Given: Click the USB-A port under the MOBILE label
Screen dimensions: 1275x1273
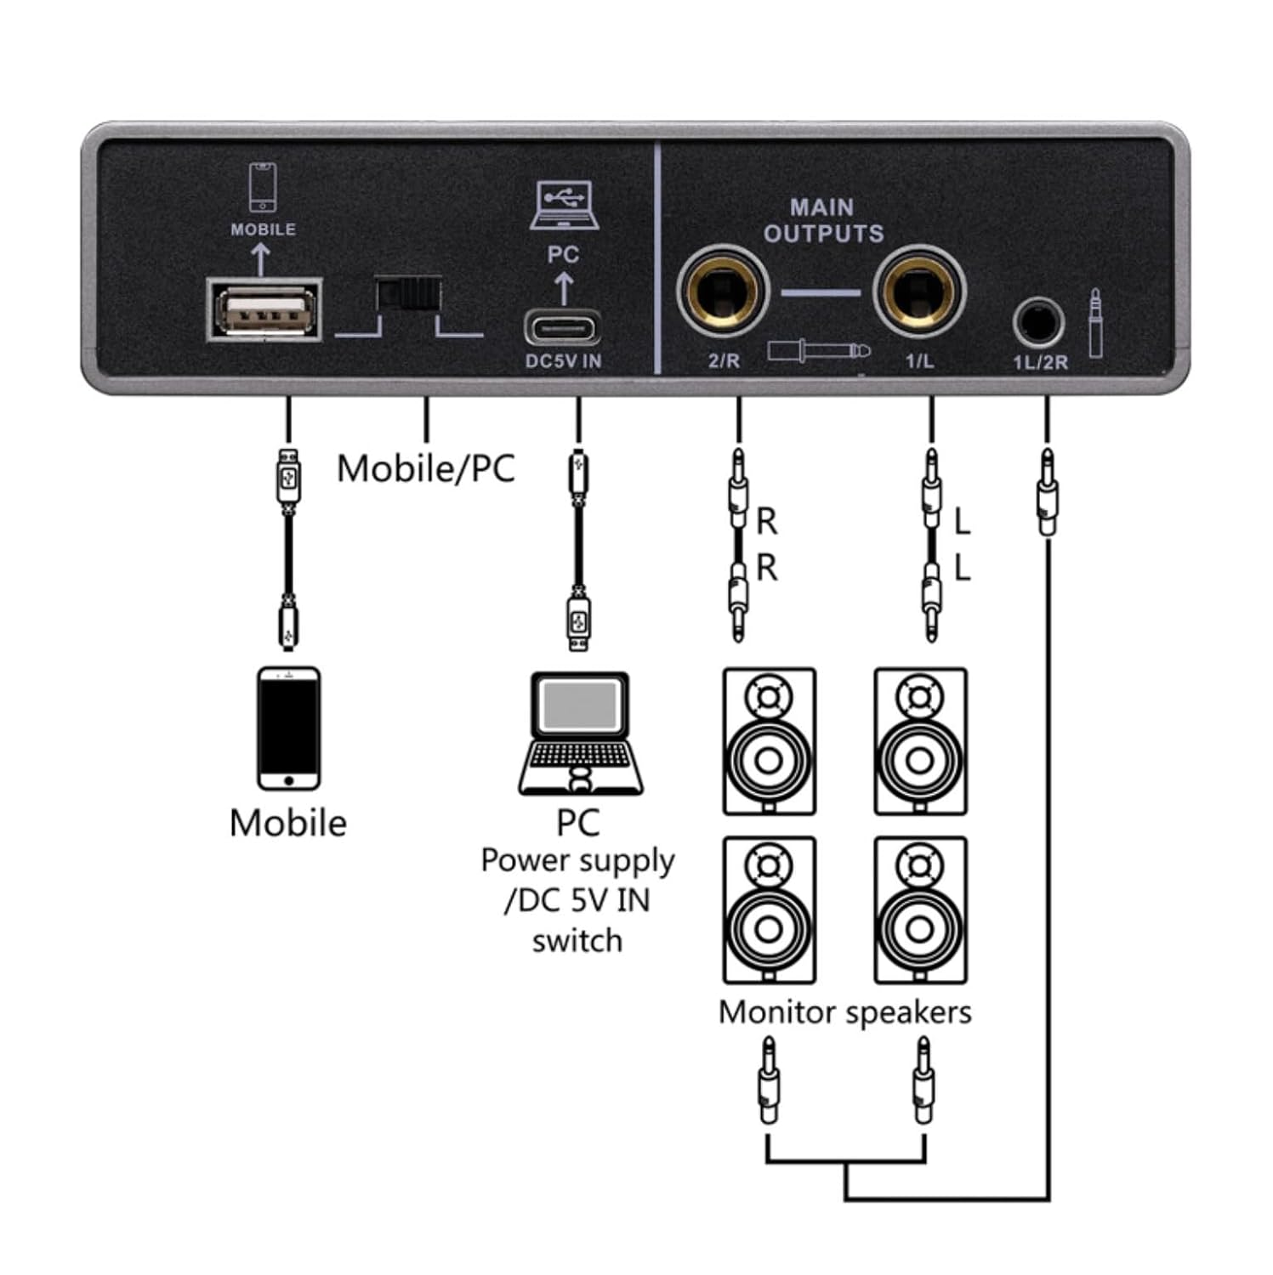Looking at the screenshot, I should (264, 310).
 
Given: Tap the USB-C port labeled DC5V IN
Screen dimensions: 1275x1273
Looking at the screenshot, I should (562, 327).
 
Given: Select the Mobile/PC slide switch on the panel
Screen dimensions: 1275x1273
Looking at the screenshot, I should (408, 294).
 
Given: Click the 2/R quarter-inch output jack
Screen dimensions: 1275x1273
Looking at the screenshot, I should (722, 291).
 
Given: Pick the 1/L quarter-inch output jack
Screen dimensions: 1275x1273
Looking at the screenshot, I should (919, 291).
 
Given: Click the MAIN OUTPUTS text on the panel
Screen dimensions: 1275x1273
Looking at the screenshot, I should (822, 220).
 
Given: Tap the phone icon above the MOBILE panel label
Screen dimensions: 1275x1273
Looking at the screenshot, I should (262, 187).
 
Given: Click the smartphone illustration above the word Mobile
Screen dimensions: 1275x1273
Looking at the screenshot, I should (288, 728).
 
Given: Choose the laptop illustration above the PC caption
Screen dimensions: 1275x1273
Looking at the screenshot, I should (580, 733).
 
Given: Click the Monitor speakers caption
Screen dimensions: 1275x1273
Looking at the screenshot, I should (844, 1012).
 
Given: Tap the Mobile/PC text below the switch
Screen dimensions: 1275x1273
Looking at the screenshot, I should (425, 468).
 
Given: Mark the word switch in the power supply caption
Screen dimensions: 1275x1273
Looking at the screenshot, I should (577, 941).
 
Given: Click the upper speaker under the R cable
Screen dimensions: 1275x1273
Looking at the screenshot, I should (769, 741).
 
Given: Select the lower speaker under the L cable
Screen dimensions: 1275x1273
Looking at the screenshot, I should (920, 909).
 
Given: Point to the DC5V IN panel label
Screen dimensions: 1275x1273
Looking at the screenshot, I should (562, 361).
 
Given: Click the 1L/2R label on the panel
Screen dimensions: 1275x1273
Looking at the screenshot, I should (1039, 363).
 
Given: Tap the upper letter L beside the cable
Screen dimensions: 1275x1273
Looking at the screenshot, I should (962, 521).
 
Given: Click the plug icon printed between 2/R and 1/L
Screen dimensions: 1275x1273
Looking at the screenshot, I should (818, 349).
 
